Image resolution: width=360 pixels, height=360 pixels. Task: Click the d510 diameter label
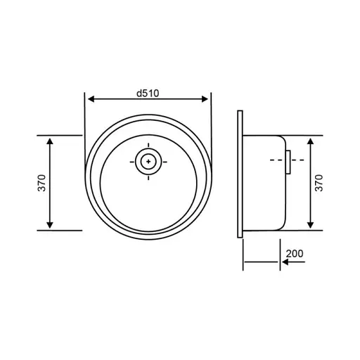[148, 92]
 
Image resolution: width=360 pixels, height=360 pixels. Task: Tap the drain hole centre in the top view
[148, 162]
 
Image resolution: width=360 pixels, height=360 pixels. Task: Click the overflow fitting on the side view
[287, 161]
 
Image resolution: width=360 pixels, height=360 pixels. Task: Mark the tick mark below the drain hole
[148, 178]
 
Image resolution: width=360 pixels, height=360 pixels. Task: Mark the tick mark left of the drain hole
[133, 162]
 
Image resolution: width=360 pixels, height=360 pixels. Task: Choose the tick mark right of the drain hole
[165, 162]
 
